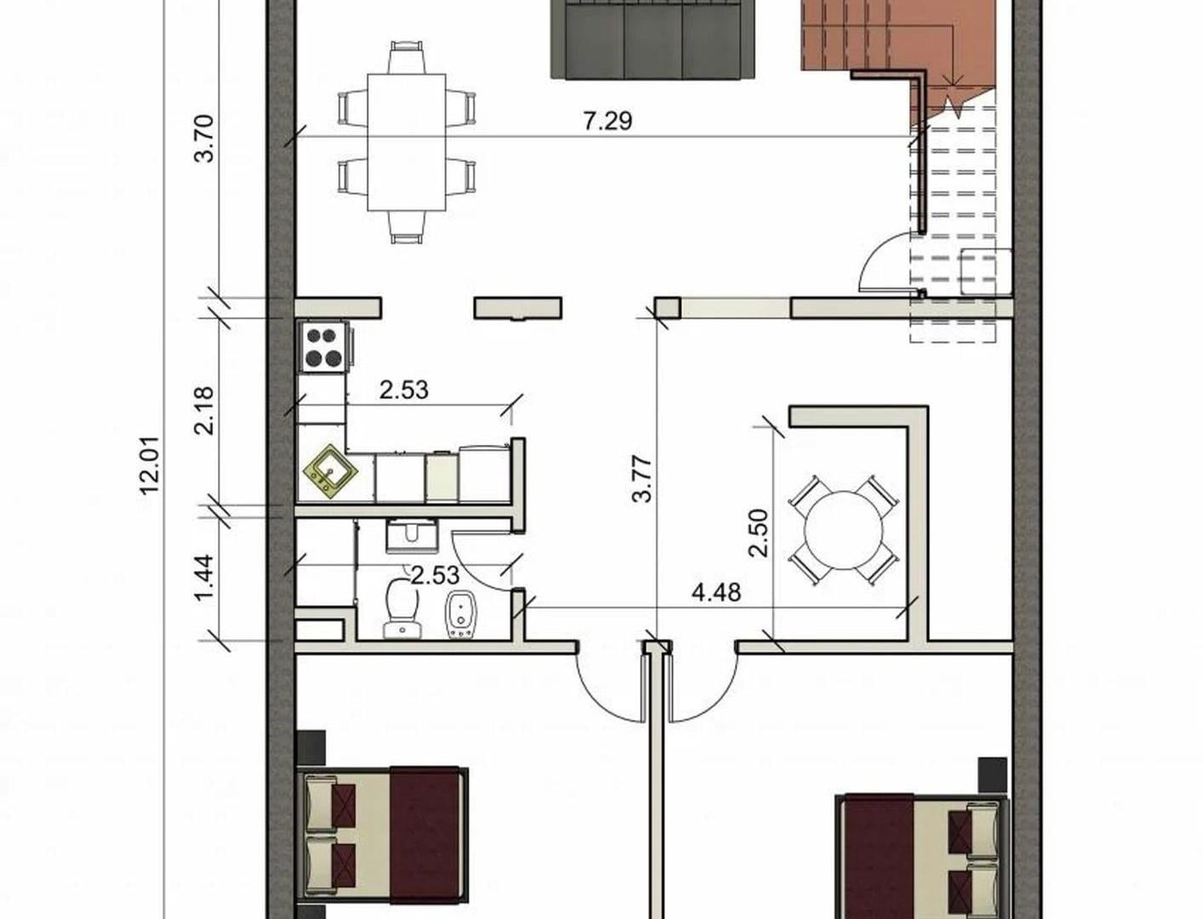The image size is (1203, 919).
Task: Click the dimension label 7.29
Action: click(x=607, y=121)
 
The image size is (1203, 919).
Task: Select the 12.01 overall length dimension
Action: click(x=150, y=465)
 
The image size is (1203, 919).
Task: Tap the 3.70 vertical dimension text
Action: click(x=204, y=138)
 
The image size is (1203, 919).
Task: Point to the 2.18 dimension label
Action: click(x=204, y=410)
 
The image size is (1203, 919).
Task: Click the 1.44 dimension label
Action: click(x=204, y=578)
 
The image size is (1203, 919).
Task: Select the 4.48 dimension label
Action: click(x=716, y=592)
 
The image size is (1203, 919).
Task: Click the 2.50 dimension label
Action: click(x=759, y=534)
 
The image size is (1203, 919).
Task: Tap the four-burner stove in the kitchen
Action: click(x=323, y=347)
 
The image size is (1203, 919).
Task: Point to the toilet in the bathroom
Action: click(x=402, y=608)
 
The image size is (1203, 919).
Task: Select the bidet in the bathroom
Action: click(x=461, y=615)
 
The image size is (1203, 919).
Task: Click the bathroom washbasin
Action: click(x=412, y=536)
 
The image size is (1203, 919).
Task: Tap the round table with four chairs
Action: click(x=843, y=530)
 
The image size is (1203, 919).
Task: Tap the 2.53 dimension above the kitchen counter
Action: click(x=404, y=391)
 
